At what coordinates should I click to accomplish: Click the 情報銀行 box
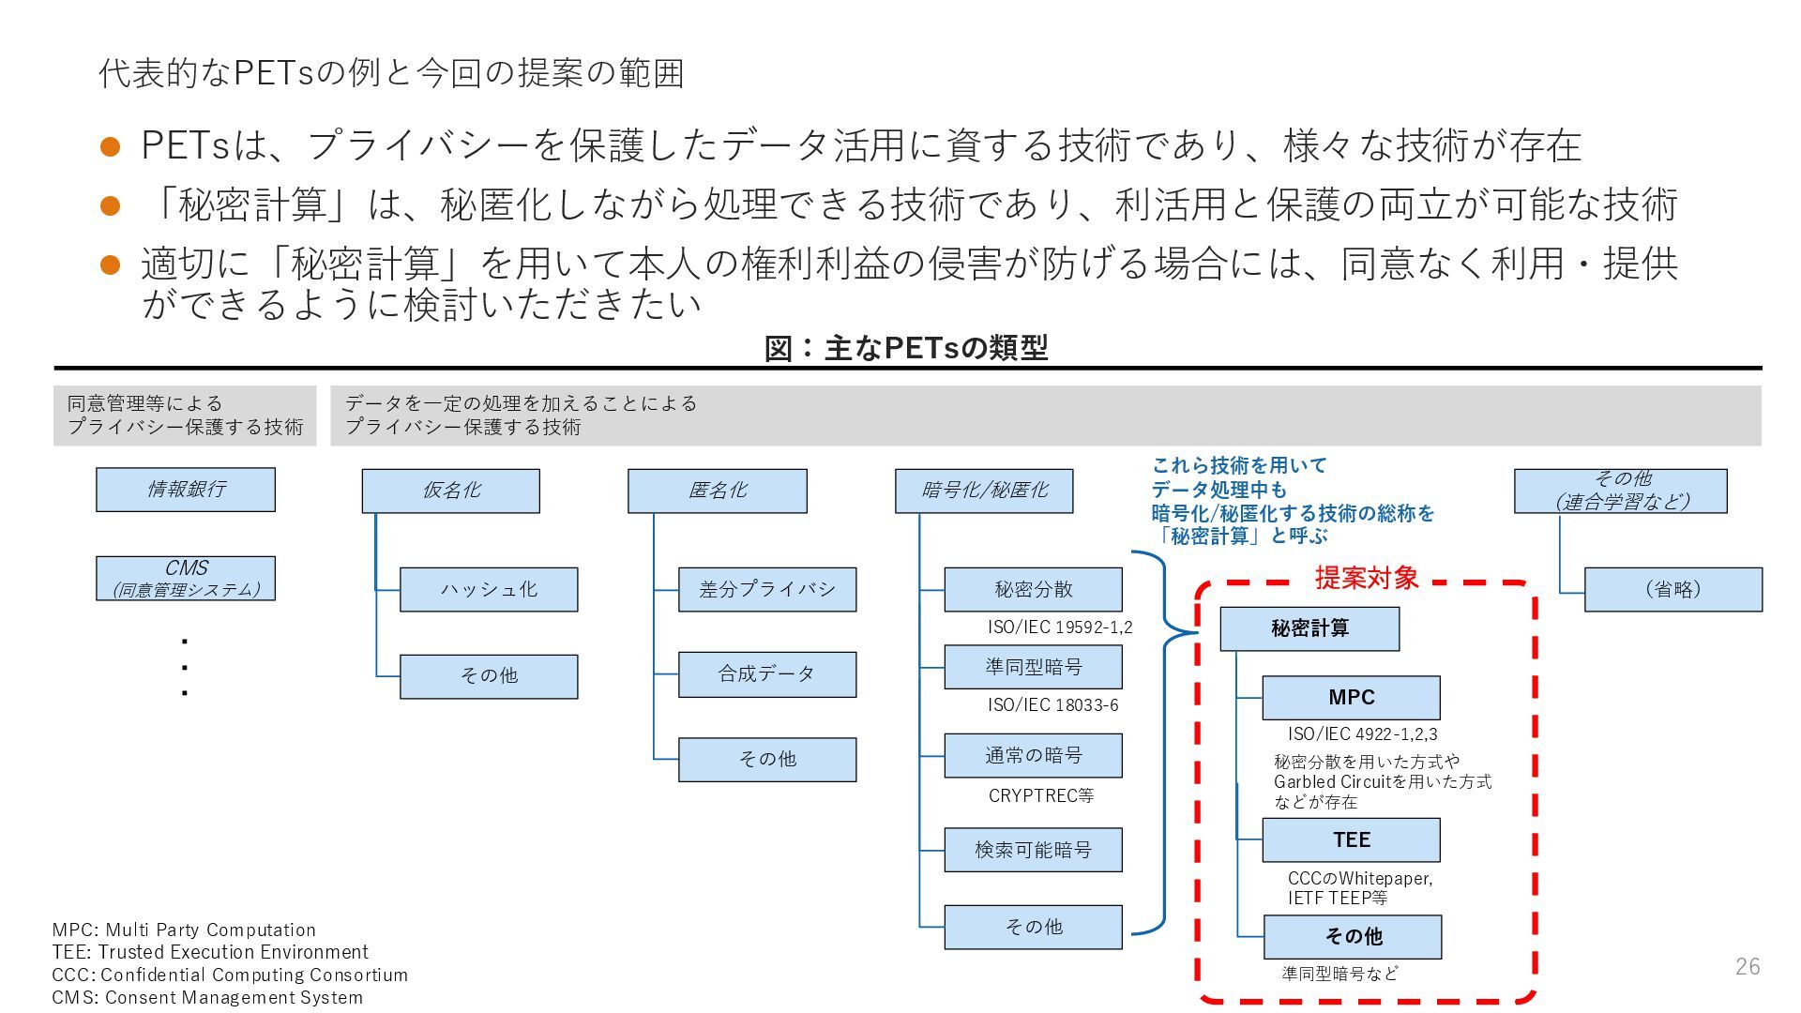click(x=185, y=490)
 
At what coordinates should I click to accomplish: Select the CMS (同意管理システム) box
click(x=185, y=578)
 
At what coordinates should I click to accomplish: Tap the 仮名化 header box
click(x=450, y=491)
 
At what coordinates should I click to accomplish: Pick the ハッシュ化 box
click(x=489, y=589)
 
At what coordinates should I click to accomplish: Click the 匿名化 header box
click(x=717, y=491)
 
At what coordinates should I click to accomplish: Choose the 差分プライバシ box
click(x=766, y=589)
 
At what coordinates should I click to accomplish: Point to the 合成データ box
click(x=766, y=674)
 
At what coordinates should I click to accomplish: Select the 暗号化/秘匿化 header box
click(x=983, y=491)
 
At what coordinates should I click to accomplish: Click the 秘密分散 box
click(x=1033, y=589)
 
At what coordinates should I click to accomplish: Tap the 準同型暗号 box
click(x=1033, y=667)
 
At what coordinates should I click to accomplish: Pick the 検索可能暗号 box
click(x=1033, y=850)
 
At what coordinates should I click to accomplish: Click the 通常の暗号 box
click(x=1033, y=755)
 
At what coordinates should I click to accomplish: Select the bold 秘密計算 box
click(x=1309, y=628)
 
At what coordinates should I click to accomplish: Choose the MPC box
click(x=1351, y=698)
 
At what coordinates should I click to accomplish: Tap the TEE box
click(x=1351, y=840)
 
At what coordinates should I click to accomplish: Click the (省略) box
click(x=1672, y=589)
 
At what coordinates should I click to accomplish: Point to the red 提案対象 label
click(x=1366, y=578)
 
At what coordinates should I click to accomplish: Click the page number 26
click(x=1748, y=966)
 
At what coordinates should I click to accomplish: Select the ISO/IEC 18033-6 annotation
click(x=1052, y=705)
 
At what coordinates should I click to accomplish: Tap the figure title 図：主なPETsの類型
click(x=906, y=348)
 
